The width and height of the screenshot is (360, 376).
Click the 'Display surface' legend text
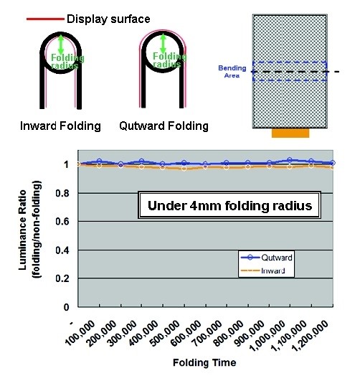coord(108,19)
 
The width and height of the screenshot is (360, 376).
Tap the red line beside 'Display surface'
coord(45,19)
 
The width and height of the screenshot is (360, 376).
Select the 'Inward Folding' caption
coord(60,126)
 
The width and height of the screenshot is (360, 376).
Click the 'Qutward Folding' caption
coord(164,126)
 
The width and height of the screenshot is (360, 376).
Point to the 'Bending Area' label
coord(232,72)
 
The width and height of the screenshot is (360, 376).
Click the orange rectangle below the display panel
coord(290,133)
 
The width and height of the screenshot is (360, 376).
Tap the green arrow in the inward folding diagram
coord(61,44)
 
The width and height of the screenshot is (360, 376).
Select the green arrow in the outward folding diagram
coord(164,44)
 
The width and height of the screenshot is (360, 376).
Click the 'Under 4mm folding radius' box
coord(229,205)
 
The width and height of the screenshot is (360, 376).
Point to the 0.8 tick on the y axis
coord(62,193)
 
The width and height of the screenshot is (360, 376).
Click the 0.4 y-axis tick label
coord(62,250)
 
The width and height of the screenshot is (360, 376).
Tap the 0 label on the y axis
coord(66,307)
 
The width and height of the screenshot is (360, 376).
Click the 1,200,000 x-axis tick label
coord(311,336)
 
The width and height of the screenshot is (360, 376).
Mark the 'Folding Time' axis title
coord(204,362)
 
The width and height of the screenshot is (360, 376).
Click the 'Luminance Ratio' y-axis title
coord(22,230)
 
